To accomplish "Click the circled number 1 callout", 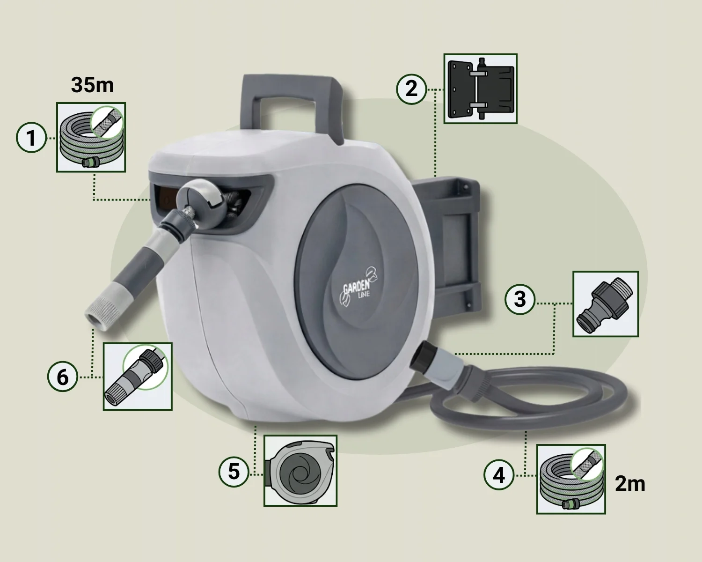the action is [31, 138].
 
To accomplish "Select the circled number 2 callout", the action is [411, 89].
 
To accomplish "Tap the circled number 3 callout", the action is [520, 299].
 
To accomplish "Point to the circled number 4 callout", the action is [499, 474].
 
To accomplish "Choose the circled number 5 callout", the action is [234, 472].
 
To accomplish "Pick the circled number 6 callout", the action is [63, 377].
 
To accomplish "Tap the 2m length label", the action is [630, 484].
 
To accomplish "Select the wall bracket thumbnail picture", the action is [481, 89].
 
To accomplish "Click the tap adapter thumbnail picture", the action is [606, 303].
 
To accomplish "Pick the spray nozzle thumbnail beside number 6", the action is [138, 376].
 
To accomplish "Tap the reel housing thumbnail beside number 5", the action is [300, 471].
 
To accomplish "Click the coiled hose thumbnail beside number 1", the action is [91, 137].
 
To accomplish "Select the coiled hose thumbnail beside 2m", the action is [571, 479].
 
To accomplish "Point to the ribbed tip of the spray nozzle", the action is [100, 314].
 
